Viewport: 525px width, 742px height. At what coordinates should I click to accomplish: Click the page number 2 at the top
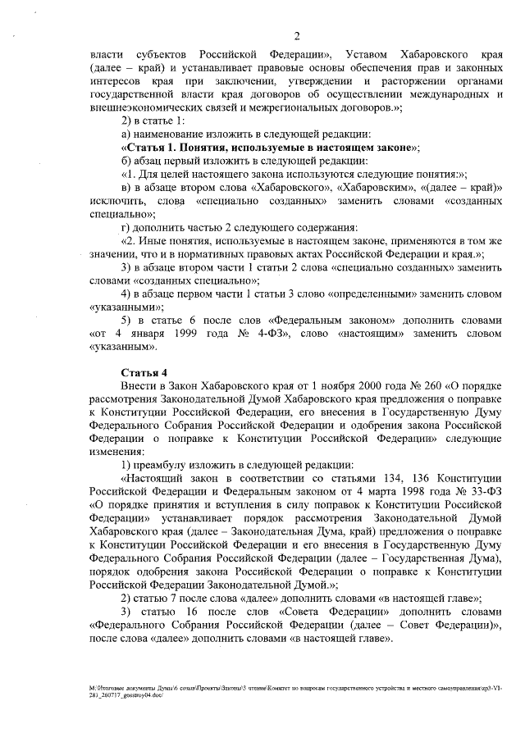click(x=295, y=34)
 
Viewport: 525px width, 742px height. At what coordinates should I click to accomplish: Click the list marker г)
click(x=126, y=227)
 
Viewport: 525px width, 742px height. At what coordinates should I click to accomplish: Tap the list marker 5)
click(x=126, y=321)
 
